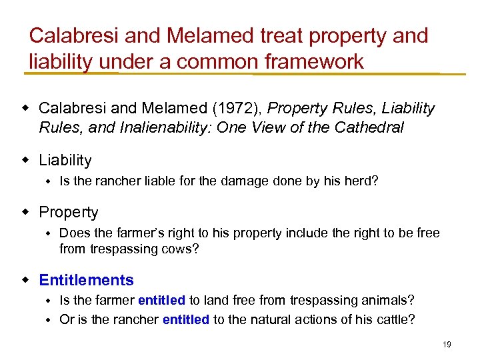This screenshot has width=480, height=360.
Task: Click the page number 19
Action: [x=447, y=344]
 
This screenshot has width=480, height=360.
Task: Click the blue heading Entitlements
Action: [x=86, y=280]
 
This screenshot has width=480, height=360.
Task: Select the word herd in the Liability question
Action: [x=361, y=180]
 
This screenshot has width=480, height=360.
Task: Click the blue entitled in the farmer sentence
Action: [x=162, y=301]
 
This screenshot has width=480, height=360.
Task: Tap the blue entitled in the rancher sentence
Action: [x=186, y=319]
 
